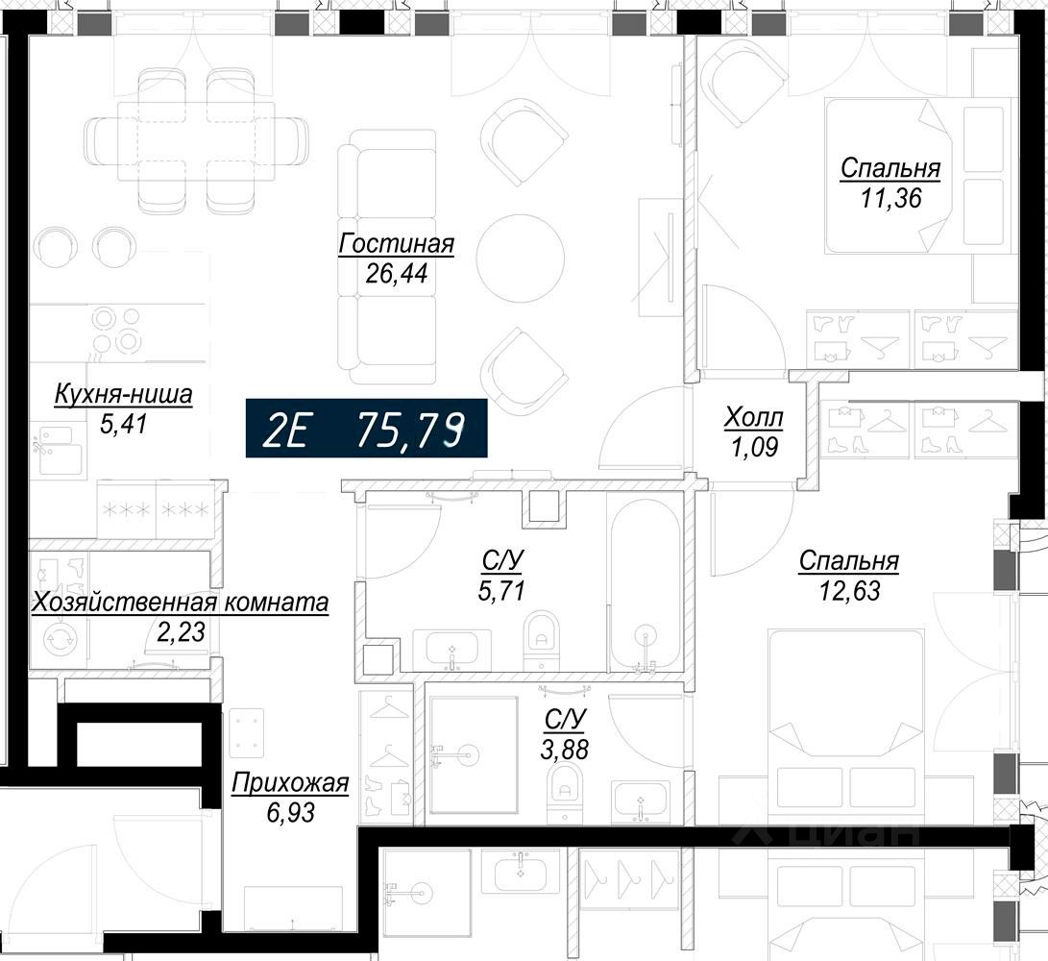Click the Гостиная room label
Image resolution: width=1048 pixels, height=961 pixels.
tap(397, 244)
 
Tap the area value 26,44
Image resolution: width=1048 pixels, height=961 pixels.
tap(397, 274)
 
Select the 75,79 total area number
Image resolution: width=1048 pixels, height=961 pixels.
tap(411, 429)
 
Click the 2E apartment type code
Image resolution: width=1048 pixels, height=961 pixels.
tap(284, 429)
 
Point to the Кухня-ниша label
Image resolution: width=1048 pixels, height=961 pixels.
tap(123, 394)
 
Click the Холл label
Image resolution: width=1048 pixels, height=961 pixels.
tap(754, 419)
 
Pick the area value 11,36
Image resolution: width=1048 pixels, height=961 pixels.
tap(890, 198)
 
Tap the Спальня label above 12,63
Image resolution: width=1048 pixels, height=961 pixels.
tap(849, 561)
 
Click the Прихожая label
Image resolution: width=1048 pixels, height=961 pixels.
tap(290, 783)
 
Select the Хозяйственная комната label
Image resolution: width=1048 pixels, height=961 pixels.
tap(181, 603)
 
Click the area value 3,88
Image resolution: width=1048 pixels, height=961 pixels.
tap(565, 750)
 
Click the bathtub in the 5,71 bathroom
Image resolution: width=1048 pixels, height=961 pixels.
tap(645, 581)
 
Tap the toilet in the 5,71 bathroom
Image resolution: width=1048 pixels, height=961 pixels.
tap(542, 640)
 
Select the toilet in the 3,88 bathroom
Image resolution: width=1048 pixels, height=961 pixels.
tap(565, 793)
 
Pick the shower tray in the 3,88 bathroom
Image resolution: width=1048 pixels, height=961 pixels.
tap(474, 755)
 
